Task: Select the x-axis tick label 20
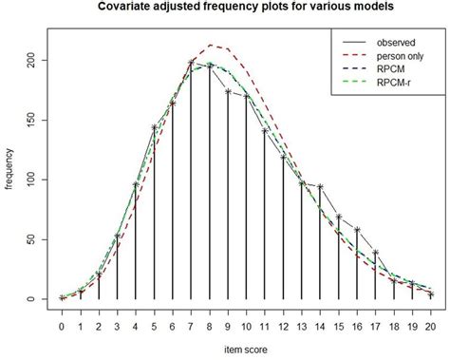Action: click(431, 325)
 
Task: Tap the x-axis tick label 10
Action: click(247, 325)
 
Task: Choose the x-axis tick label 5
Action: click(154, 325)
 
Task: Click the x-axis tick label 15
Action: click(339, 325)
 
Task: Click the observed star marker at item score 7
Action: click(192, 63)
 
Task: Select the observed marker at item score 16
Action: click(358, 230)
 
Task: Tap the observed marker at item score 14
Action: click(321, 187)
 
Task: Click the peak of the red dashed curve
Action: click(211, 45)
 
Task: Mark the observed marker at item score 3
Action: click(118, 237)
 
